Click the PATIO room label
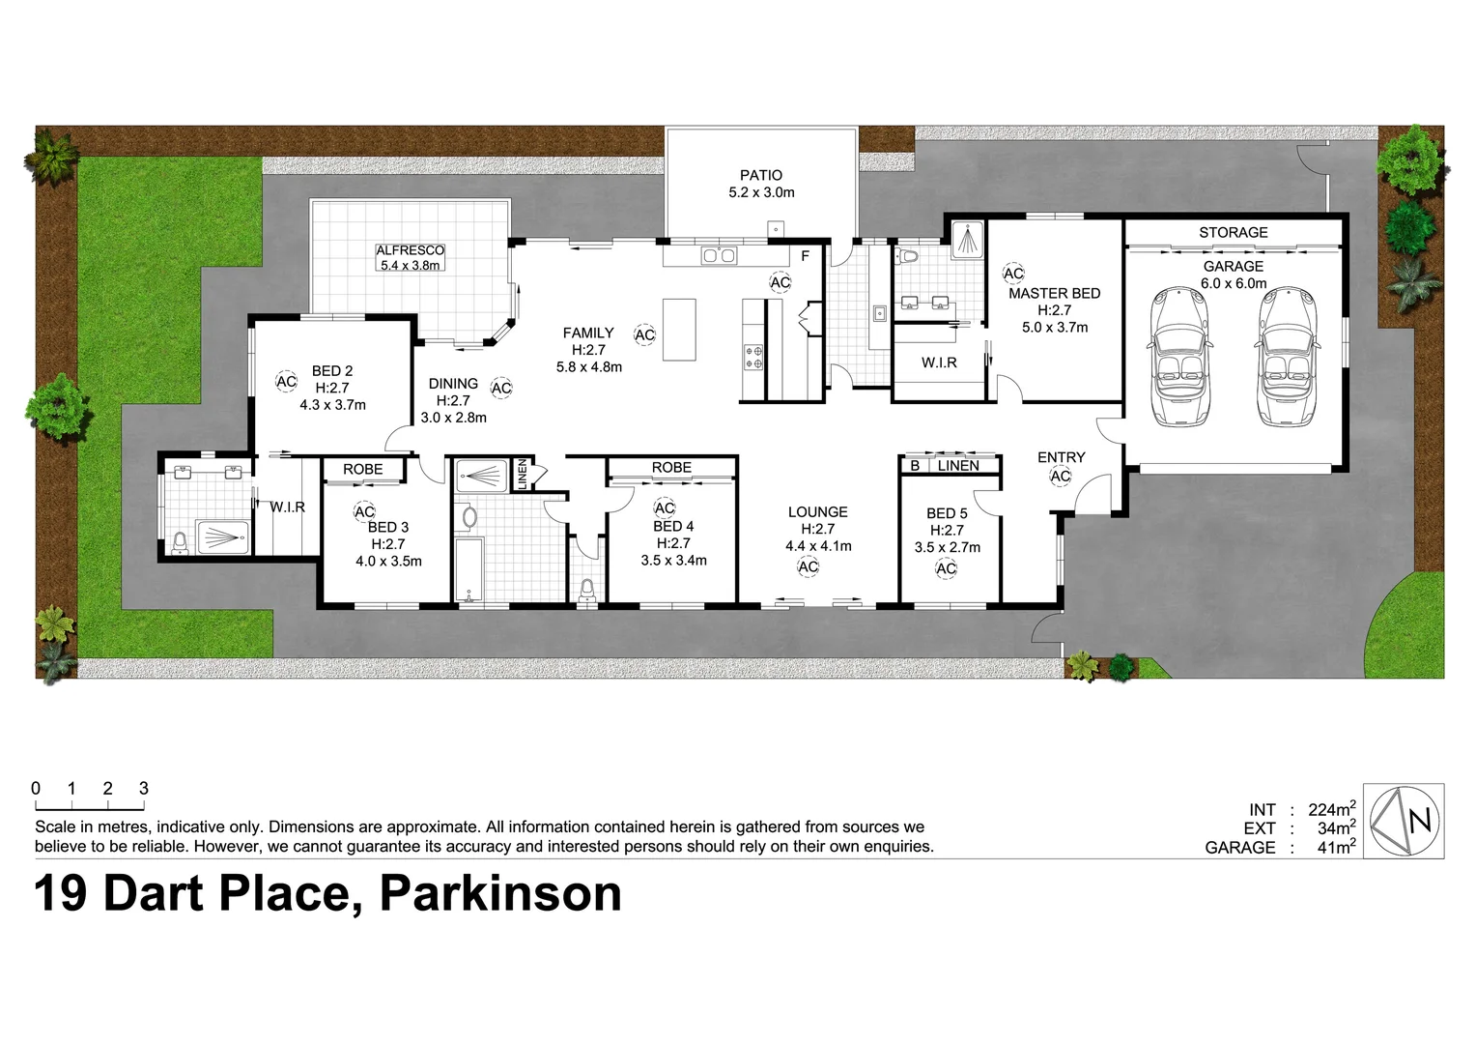coord(761,175)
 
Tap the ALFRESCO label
coord(410,250)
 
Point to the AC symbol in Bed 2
coord(286,382)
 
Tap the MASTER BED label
coord(1054,293)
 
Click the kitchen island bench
coord(679,329)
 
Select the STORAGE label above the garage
coord(1233,232)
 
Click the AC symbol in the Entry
coord(1061,476)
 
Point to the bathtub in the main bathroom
coord(468,570)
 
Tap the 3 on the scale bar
coord(144,788)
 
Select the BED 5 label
coord(947,513)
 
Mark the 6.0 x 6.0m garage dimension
coord(1234,283)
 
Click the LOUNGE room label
coord(817,512)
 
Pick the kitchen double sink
coord(719,255)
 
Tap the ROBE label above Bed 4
coord(671,467)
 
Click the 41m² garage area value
coord(1337,847)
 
